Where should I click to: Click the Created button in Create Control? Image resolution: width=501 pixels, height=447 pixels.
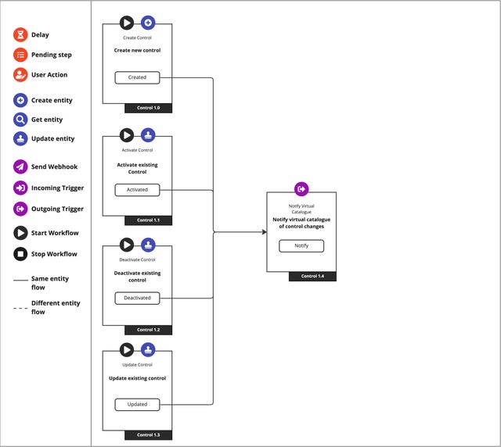point(137,77)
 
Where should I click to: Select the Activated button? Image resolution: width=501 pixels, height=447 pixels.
point(137,189)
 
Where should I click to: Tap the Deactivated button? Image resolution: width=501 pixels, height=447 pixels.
point(137,298)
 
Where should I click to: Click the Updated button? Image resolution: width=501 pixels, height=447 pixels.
point(137,404)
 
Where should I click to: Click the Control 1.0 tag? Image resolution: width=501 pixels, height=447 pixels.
point(148,108)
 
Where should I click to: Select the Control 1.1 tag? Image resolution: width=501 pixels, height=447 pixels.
point(148,220)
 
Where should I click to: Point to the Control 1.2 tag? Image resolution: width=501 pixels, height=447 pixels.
point(148,330)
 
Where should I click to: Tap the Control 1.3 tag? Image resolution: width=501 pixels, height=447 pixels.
point(148,434)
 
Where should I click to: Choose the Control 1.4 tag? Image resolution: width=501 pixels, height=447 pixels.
point(312,276)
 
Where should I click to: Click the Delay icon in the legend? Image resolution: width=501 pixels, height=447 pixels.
point(20,35)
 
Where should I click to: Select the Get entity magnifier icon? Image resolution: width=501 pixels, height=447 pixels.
point(20,120)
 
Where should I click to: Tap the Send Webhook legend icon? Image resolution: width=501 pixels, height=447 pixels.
point(20,166)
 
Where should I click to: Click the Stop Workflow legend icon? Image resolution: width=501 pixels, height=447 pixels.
point(20,254)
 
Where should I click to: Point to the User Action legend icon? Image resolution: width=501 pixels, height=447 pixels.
point(20,75)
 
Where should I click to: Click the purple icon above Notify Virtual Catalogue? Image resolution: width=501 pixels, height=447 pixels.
point(301,189)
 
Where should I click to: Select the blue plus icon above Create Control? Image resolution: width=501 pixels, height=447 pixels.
point(148,23)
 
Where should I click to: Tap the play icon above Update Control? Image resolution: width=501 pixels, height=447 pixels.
point(127,349)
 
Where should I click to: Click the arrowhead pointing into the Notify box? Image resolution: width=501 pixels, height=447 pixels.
point(262,232)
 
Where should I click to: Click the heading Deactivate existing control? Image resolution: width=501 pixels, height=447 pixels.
point(137,277)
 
